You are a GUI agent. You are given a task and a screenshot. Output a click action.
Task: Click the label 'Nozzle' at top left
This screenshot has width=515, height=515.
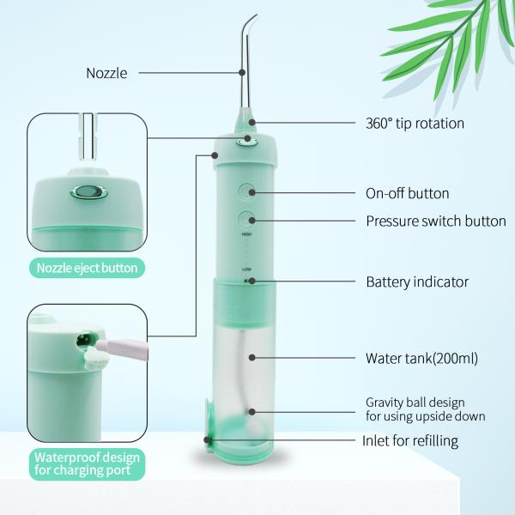pyautogui.click(x=106, y=73)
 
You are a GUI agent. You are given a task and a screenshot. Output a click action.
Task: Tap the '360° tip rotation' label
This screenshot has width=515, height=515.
pyautogui.click(x=415, y=123)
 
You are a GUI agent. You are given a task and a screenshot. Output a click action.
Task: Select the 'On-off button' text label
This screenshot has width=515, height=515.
pyautogui.click(x=408, y=193)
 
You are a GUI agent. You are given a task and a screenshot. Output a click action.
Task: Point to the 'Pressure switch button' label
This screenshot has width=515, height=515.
pyautogui.click(x=436, y=221)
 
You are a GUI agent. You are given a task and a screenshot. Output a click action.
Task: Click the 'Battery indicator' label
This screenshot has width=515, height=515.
pyautogui.click(x=417, y=282)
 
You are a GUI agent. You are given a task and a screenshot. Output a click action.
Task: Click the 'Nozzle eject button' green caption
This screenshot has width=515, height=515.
pyautogui.click(x=87, y=268)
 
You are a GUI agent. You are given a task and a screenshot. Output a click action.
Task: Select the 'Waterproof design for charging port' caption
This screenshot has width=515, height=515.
pyautogui.click(x=87, y=464)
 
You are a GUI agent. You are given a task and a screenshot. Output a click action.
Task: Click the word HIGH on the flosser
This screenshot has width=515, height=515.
pyautogui.click(x=246, y=233)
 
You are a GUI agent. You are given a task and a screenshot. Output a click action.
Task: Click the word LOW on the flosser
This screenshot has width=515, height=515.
pyautogui.click(x=246, y=269)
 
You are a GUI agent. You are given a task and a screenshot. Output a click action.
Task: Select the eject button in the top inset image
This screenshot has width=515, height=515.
pyautogui.click(x=86, y=193)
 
